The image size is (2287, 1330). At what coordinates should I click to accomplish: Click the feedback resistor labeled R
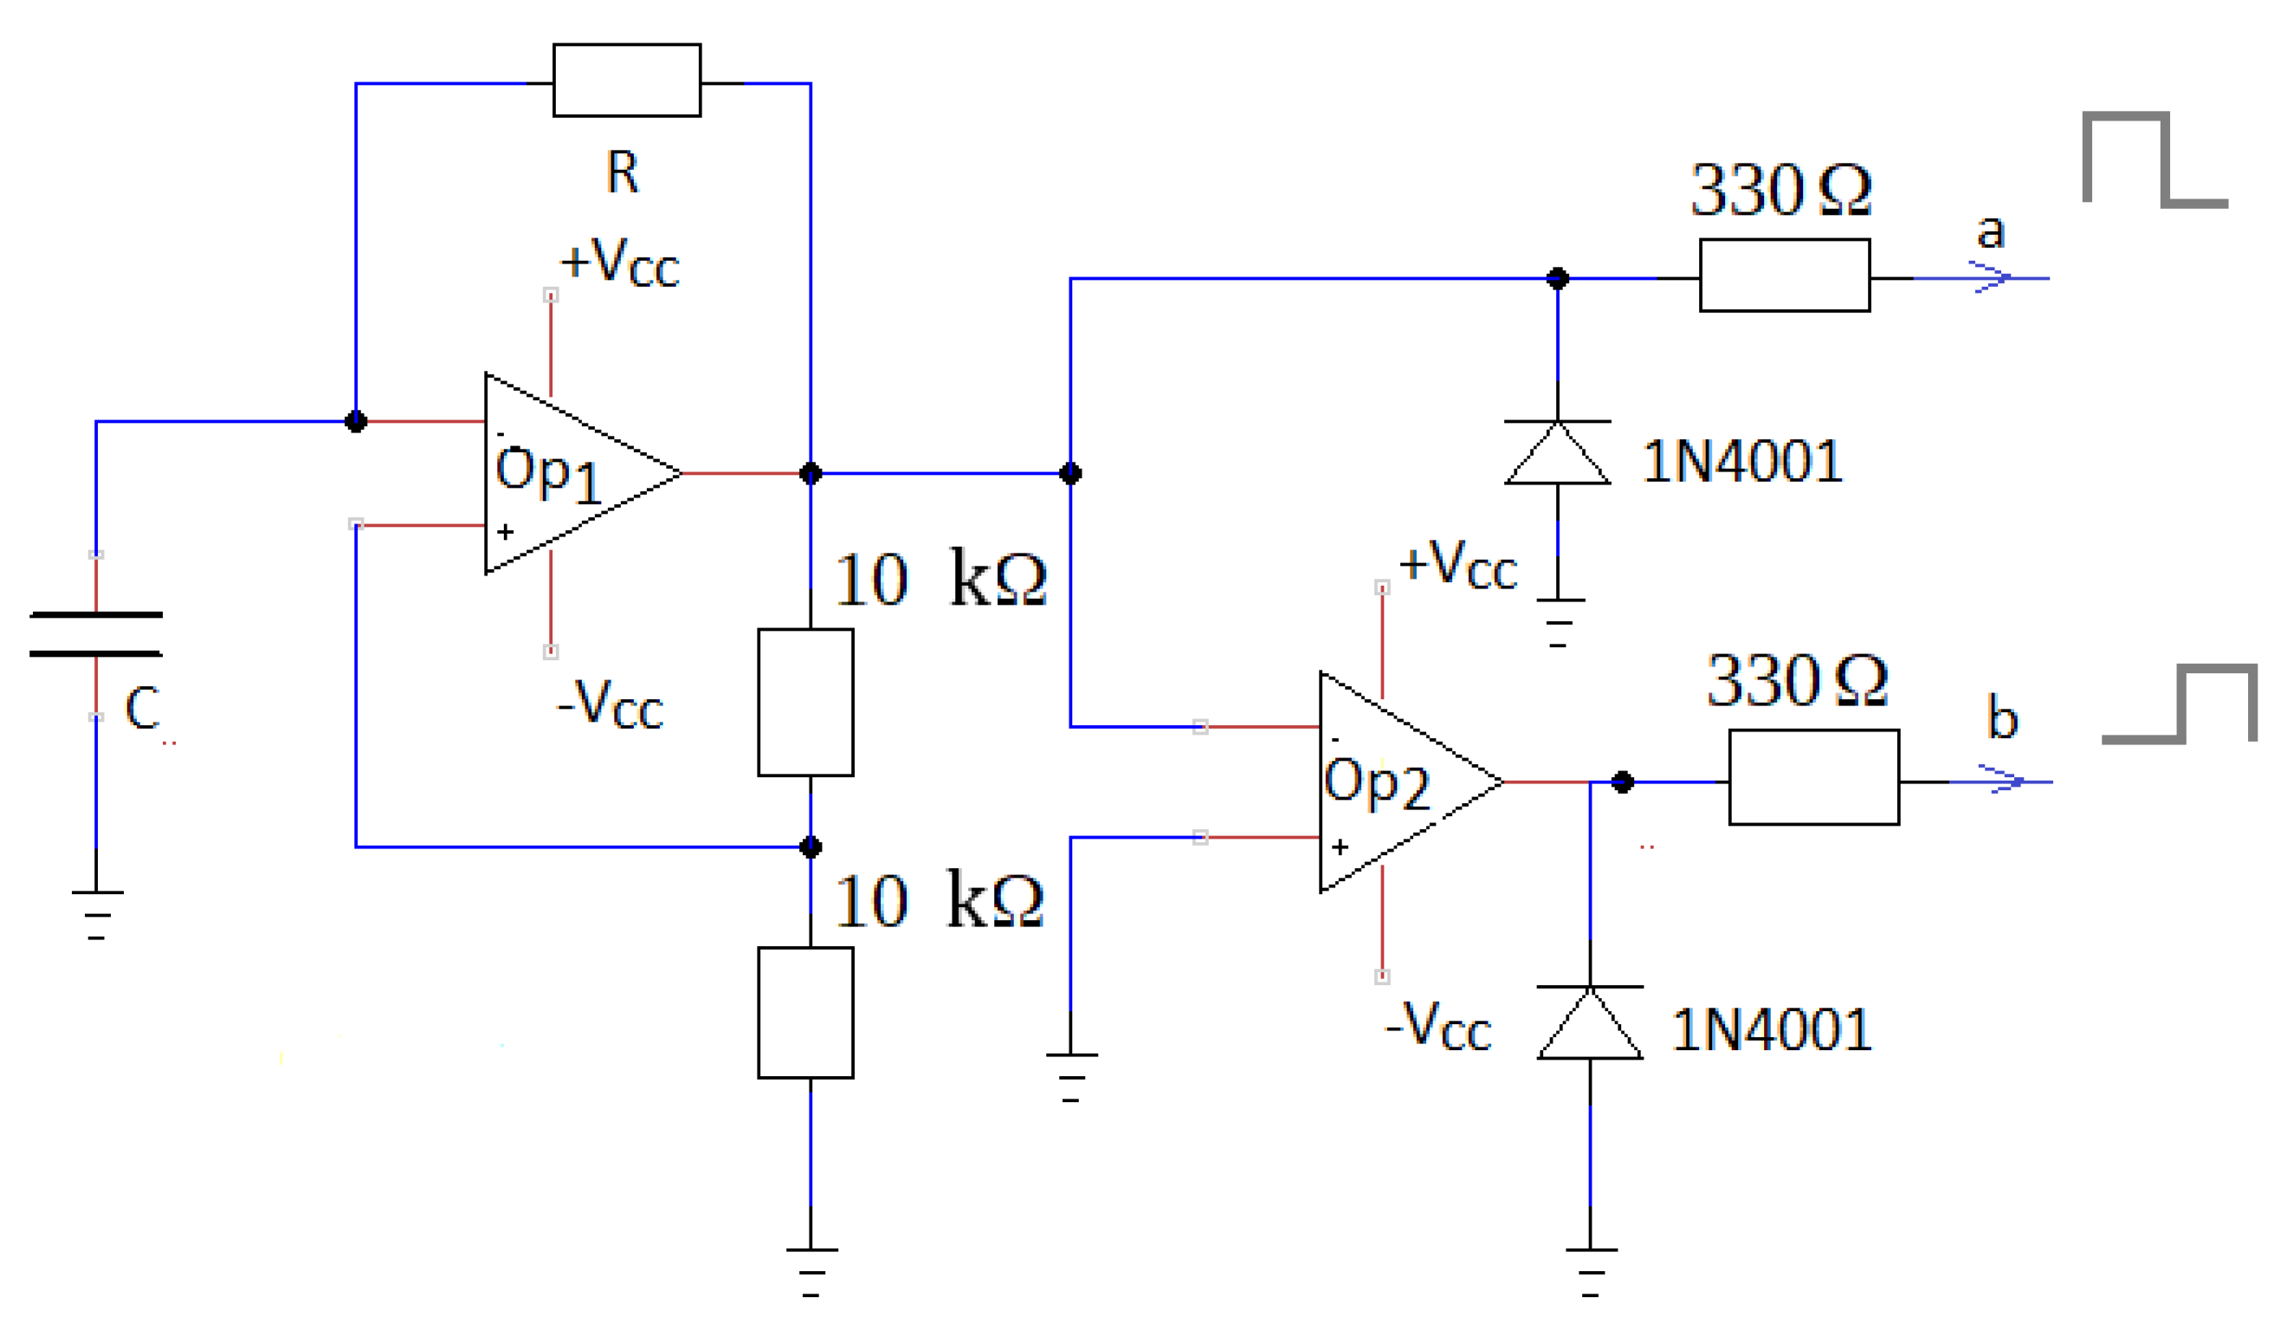626,80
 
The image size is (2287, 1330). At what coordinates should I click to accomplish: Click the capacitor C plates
96,633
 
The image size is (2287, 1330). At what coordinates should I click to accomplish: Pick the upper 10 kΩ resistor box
805,702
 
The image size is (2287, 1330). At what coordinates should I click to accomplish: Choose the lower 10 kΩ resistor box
805,1012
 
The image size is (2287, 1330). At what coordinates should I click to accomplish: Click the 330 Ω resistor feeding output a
1784,275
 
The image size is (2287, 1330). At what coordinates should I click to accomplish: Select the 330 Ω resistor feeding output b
1813,777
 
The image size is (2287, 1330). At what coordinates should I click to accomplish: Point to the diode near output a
1557,452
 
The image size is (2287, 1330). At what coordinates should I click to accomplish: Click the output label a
1990,230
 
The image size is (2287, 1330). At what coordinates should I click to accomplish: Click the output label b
2002,717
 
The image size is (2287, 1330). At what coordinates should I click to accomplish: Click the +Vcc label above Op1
619,263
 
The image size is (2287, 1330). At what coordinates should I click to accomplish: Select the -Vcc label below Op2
1438,1026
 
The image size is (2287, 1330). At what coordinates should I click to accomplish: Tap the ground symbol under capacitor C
96,913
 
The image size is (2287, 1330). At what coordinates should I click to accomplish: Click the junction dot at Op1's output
811,473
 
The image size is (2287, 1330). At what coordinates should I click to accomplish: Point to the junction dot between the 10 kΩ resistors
811,847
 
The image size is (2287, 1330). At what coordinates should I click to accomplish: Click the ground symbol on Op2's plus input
1071,1076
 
